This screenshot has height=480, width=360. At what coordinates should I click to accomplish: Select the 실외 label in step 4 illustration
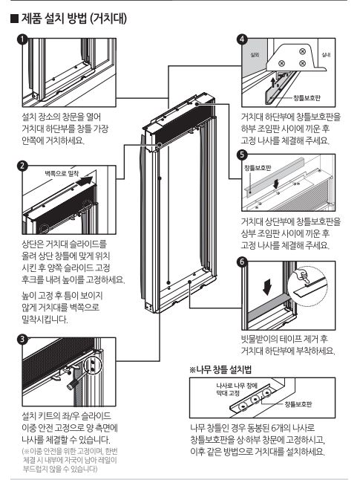255,55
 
